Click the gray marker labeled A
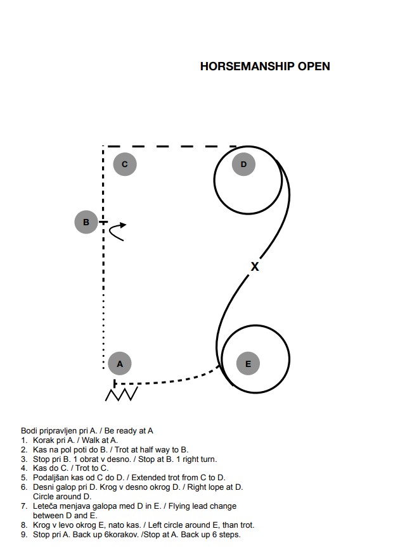(120, 364)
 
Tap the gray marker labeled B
(86, 222)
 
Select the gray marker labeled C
(125, 165)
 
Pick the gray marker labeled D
(243, 165)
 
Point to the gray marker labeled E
(248, 364)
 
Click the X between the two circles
(255, 266)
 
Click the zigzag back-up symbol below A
(122, 394)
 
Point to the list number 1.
(24, 440)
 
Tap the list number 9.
(24, 535)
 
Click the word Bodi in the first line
(28, 431)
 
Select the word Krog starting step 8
(41, 525)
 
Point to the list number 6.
(24, 487)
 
